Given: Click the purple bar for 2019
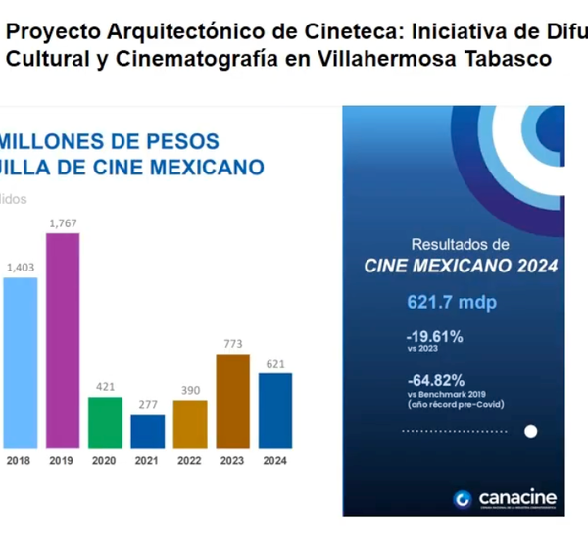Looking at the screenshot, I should point(63,339).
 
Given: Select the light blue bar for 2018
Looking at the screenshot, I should point(21,362).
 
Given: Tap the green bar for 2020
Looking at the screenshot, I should point(105,421).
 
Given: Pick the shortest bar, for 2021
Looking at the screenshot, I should point(147,430).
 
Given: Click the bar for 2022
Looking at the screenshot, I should point(190,423).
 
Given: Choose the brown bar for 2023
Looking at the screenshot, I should point(232,400).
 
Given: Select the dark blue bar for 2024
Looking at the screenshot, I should point(275,410).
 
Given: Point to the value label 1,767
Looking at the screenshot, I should point(63,223).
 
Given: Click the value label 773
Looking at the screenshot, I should point(232,344).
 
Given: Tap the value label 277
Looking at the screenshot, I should point(147,404).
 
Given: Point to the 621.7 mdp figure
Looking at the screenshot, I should point(452,302).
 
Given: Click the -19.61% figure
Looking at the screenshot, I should point(434,337).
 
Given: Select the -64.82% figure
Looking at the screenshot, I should point(434,379).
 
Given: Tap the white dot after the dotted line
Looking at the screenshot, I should point(531,430).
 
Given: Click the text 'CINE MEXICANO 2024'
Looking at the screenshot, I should point(461,266).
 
